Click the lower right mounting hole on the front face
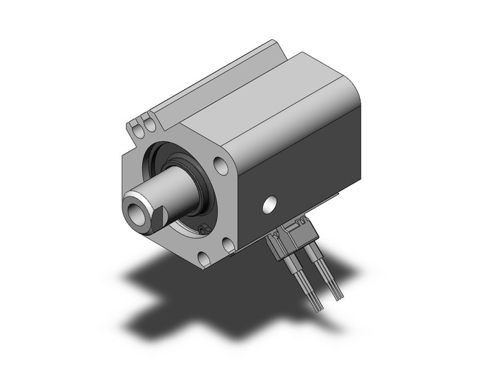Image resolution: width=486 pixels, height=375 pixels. (x=228, y=244)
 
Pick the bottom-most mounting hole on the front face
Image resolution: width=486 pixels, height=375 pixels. (x=203, y=259)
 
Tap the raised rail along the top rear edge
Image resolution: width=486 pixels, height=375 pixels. (x=211, y=80)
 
